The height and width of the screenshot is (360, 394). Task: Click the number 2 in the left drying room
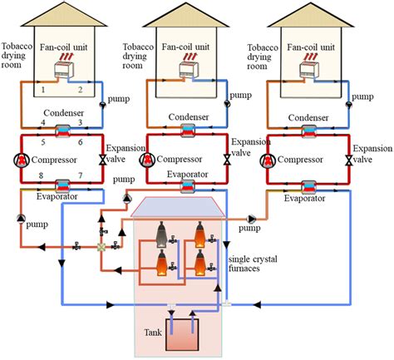coord(80,89)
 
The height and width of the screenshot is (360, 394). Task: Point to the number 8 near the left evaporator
coord(42,175)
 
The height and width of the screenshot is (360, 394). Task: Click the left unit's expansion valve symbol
coord(101,159)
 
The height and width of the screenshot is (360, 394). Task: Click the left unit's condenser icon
coord(62,131)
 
